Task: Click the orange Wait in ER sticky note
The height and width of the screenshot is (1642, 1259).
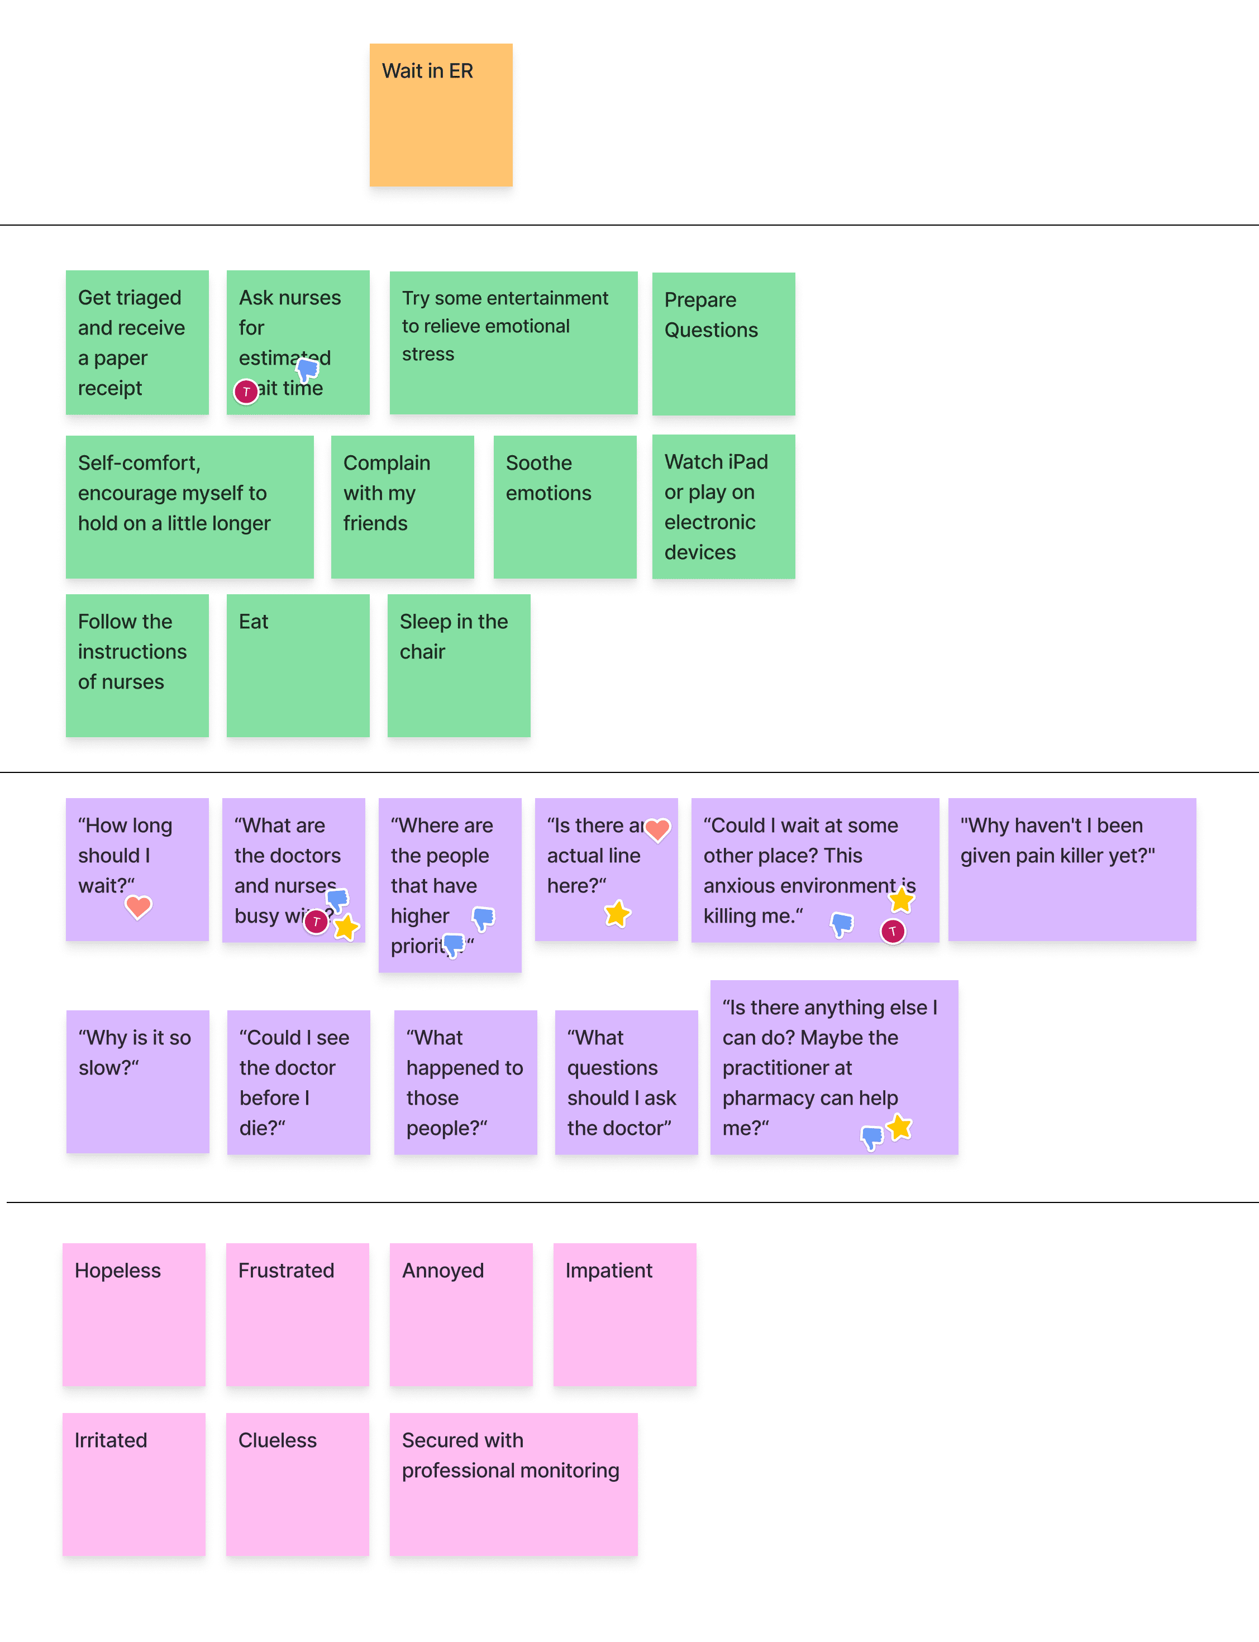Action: point(441,114)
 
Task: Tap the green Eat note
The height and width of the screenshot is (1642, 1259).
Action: point(298,666)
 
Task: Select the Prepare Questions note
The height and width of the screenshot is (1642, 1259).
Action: point(723,343)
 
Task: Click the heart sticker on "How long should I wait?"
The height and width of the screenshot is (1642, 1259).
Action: point(138,907)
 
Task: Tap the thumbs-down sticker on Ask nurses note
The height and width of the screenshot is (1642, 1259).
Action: point(308,369)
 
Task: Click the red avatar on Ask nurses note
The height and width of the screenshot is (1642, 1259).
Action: point(246,391)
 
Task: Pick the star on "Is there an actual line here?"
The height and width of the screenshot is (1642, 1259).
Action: point(618,914)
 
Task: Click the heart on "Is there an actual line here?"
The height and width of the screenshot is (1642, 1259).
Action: point(657,829)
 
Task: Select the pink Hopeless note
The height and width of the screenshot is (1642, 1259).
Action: point(133,1314)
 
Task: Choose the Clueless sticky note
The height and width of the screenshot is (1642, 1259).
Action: point(298,1484)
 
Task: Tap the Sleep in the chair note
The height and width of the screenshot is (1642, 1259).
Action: point(459,666)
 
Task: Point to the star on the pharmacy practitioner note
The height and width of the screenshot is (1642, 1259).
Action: point(899,1127)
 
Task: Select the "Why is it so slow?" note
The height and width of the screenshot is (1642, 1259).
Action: point(138,1081)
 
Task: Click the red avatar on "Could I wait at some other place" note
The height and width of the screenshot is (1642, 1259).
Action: point(893,932)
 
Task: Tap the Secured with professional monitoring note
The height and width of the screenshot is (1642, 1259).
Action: point(513,1484)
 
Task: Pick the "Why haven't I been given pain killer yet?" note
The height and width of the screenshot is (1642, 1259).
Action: point(1072,870)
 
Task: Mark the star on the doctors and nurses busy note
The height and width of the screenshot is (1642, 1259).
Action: point(346,928)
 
